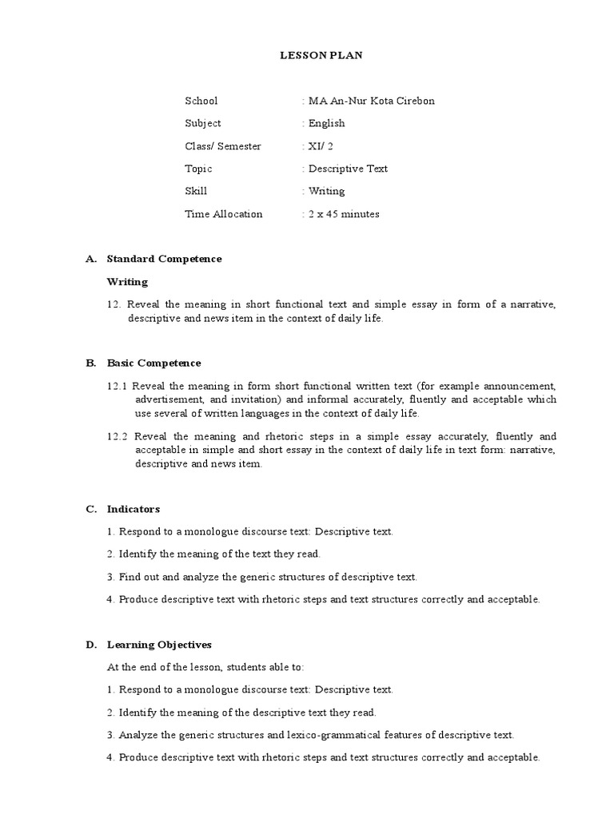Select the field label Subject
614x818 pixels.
(x=203, y=123)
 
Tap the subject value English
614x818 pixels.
(x=326, y=123)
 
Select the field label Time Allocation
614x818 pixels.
(x=224, y=214)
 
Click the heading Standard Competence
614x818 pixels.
(x=165, y=259)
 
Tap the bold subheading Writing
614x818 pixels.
(x=127, y=281)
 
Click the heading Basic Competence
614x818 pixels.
(x=154, y=363)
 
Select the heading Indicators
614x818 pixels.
(x=134, y=509)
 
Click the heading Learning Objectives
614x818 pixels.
(x=160, y=644)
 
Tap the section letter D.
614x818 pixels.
(x=90, y=644)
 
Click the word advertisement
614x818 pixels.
(x=168, y=399)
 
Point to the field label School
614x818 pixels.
(x=201, y=101)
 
